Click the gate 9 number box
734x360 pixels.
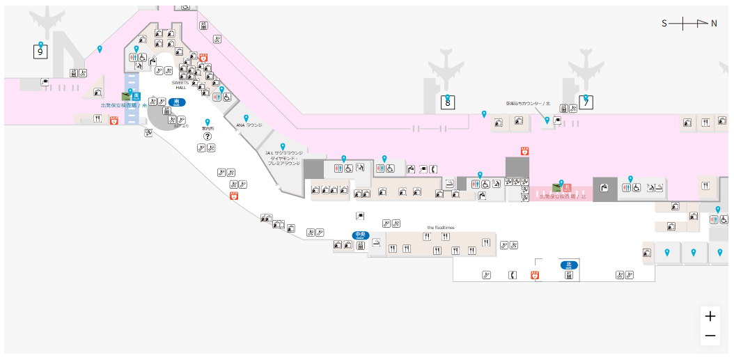(x=40, y=51)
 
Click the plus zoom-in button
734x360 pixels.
(x=710, y=316)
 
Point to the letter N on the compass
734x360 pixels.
(x=714, y=23)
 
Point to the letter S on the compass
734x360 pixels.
(x=664, y=23)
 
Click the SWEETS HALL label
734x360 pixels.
(x=180, y=84)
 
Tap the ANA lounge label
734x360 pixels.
(x=249, y=125)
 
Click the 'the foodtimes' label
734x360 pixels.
(x=440, y=228)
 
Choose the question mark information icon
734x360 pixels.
(x=207, y=136)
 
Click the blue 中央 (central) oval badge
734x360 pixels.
(x=359, y=235)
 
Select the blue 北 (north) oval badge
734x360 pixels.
(x=569, y=265)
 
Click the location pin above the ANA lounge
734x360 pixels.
(x=246, y=118)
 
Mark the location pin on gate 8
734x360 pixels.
(x=447, y=98)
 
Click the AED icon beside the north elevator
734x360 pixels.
(x=536, y=275)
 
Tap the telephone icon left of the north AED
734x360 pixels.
(x=513, y=275)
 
